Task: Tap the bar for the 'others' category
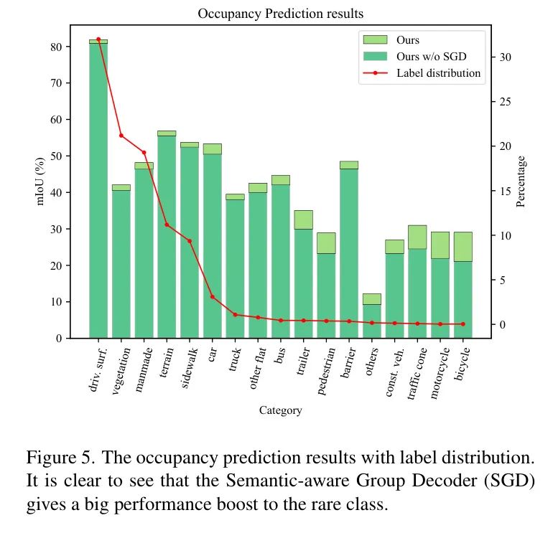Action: point(371,320)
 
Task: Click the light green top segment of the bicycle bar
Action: point(463,246)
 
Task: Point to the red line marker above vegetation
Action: point(121,136)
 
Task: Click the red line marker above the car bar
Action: point(212,296)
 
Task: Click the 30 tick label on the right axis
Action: point(506,57)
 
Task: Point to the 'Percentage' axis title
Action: point(521,181)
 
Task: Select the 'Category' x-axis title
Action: point(280,410)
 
